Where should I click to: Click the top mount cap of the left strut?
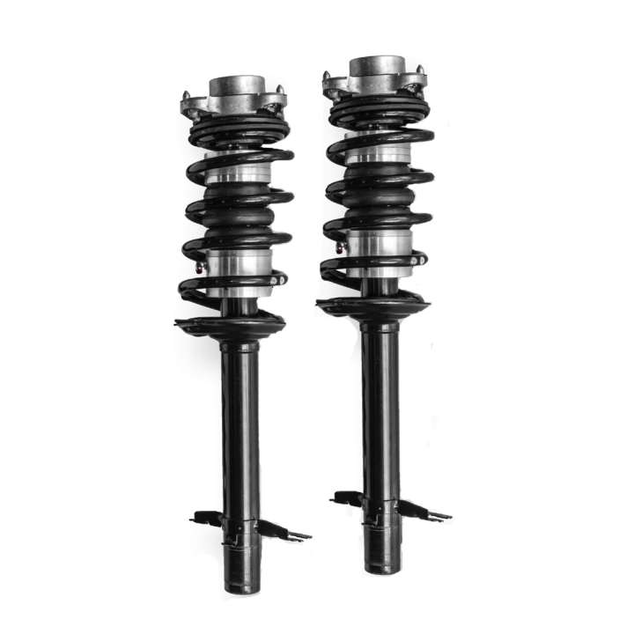click(236, 88)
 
